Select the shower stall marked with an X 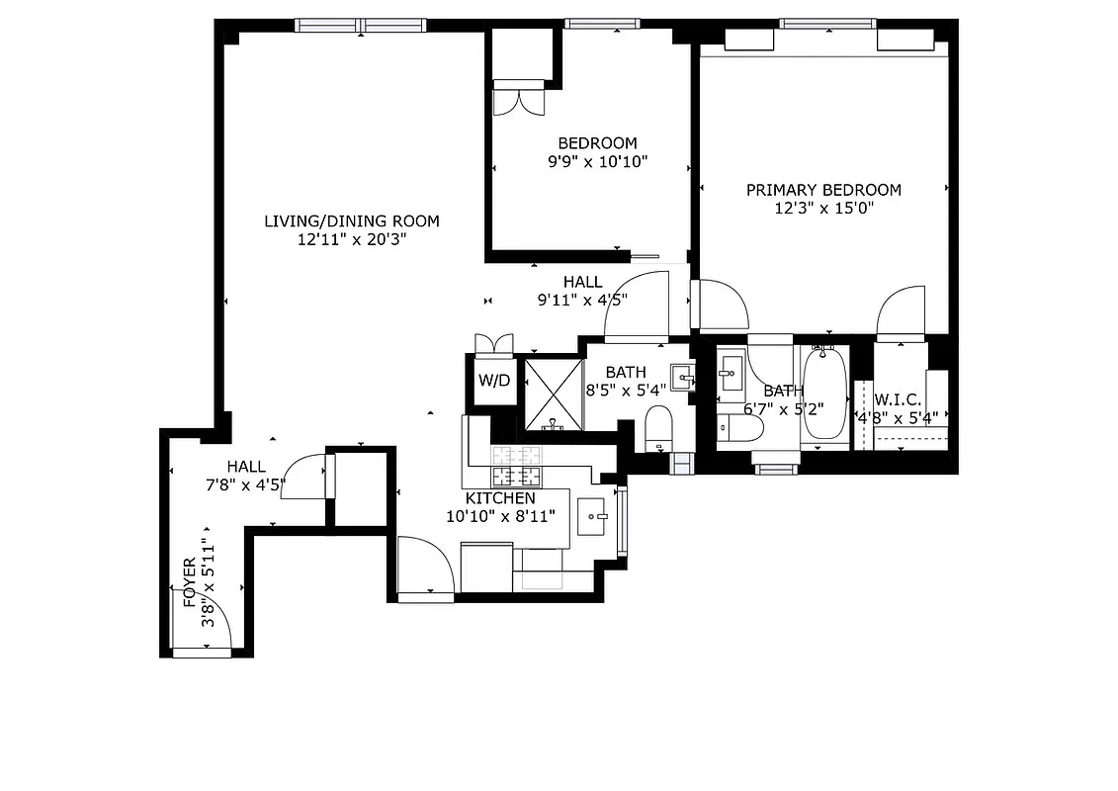pyautogui.click(x=553, y=395)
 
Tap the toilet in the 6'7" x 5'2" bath pyautogui.click(x=740, y=427)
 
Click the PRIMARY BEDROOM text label pyautogui.click(x=823, y=190)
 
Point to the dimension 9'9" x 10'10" pyautogui.click(x=597, y=162)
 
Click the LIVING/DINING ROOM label pyautogui.click(x=352, y=220)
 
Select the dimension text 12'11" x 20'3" pyautogui.click(x=352, y=239)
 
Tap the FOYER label pyautogui.click(x=189, y=582)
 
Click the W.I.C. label pyautogui.click(x=898, y=399)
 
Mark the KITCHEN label pyautogui.click(x=500, y=498)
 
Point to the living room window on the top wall pyautogui.click(x=361, y=25)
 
